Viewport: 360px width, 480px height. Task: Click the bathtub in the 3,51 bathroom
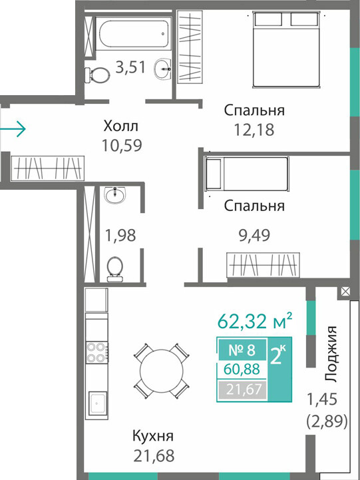133,33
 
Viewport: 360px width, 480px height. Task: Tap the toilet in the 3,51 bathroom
97,75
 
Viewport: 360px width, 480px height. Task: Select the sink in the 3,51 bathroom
162,69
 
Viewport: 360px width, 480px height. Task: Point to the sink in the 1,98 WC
114,195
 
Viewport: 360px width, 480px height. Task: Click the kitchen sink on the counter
98,403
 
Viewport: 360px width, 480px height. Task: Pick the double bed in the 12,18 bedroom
286,49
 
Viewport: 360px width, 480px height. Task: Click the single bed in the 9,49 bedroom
247,174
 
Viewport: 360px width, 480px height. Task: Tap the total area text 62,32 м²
255,321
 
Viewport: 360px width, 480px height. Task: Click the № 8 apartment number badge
242,350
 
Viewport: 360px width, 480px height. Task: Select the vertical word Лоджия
331,354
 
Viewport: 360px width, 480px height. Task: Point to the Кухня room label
153,435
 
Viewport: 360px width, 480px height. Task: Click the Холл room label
121,126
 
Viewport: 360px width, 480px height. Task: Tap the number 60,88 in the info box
242,369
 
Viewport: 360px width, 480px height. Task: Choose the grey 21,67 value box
242,389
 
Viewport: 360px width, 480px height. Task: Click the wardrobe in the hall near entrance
48,168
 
